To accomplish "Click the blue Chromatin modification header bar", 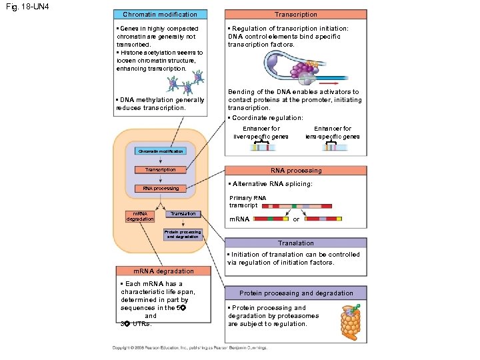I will (160, 14).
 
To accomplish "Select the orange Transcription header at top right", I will (296, 14).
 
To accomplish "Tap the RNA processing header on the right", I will (296, 171).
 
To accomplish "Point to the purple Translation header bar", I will (296, 243).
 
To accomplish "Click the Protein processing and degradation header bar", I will (296, 293).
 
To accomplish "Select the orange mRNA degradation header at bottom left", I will (163, 271).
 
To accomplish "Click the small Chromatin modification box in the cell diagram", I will (160, 151).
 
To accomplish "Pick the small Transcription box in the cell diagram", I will (160, 170).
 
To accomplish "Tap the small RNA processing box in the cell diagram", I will (161, 189).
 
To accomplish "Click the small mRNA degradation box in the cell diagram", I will (140, 216).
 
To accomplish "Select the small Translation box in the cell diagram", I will (183, 214).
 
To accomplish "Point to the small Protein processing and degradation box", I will (182, 234).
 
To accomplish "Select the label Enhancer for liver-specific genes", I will (261, 132).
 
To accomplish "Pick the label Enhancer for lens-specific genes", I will (333, 132).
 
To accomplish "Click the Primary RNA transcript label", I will (247, 201).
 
